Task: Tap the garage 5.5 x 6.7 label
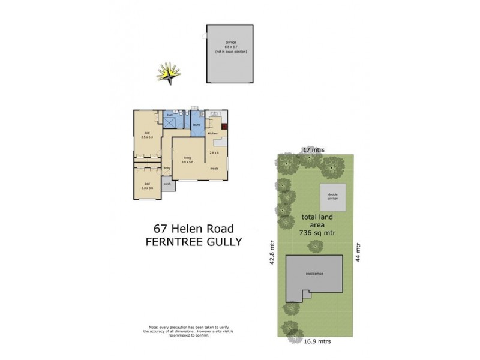(x=230, y=46)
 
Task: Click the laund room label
(x=196, y=125)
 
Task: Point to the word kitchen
(x=212, y=133)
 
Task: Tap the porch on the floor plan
(x=167, y=184)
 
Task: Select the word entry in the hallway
(x=167, y=168)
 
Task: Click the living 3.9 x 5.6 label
(x=188, y=160)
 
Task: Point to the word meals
(x=214, y=168)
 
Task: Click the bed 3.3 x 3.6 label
(x=147, y=185)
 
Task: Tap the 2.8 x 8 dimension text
(x=214, y=153)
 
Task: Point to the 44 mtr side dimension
(x=359, y=253)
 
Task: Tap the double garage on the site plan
(x=332, y=197)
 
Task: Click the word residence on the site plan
(x=314, y=274)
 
